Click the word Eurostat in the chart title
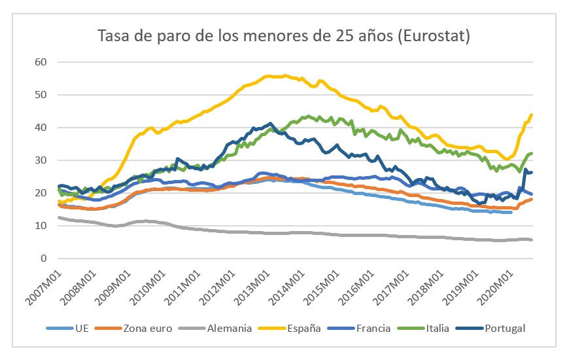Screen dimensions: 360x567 [432, 36]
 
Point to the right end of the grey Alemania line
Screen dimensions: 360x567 [531, 240]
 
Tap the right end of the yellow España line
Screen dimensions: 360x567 [531, 115]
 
